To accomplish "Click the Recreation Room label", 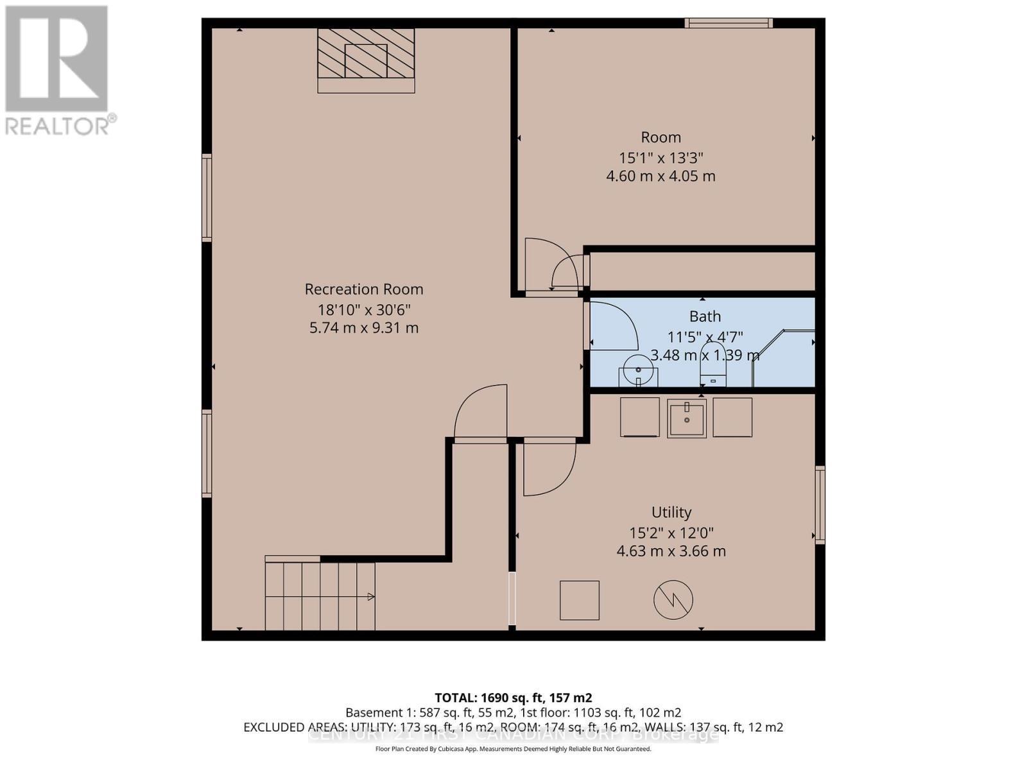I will (363, 289).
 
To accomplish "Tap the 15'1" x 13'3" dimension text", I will (660, 157).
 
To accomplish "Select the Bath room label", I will (705, 316).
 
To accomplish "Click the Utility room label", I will (671, 512).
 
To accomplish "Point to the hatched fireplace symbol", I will (366, 60).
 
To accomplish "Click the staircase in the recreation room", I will (320, 596).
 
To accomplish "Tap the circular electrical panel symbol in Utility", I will (673, 601).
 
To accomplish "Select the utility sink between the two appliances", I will (686, 418).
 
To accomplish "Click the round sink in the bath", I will (638, 370).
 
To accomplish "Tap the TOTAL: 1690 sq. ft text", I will (513, 697).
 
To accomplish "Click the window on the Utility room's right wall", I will (820, 505).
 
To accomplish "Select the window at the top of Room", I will (728, 23).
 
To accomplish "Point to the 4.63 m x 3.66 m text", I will (671, 551).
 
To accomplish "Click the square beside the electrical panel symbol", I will (579, 601).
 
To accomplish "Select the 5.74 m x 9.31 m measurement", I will (363, 328).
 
